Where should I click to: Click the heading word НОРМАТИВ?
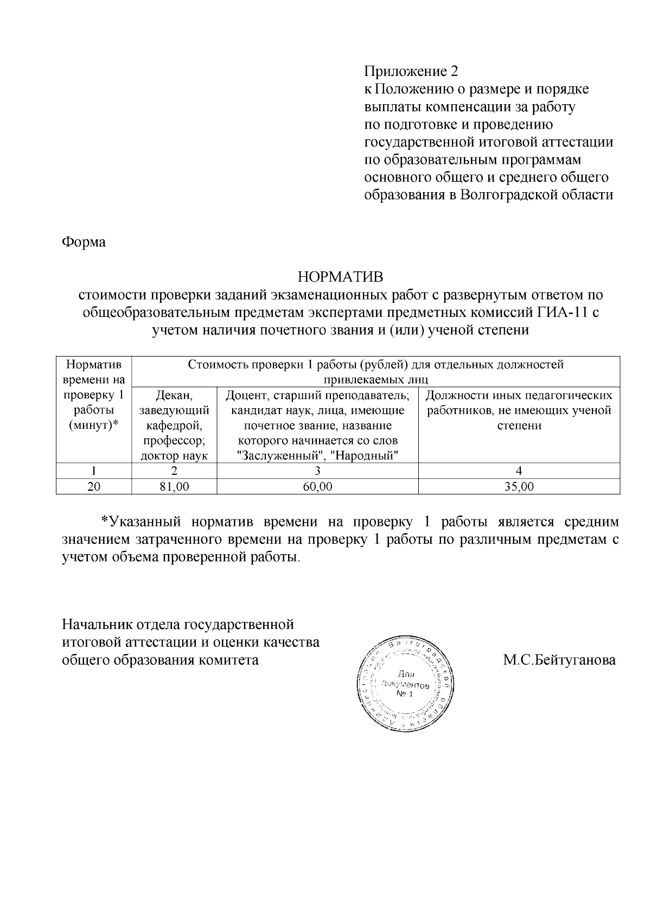coord(340,277)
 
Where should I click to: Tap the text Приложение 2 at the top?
coord(411,72)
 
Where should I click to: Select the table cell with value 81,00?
coord(174,487)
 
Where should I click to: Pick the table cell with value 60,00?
coord(317,487)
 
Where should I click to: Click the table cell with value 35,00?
coord(519,487)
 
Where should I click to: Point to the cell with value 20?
coord(94,487)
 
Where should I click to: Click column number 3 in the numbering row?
coord(317,471)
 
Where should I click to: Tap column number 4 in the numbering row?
coord(519,471)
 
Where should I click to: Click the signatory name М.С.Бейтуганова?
coord(559,660)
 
